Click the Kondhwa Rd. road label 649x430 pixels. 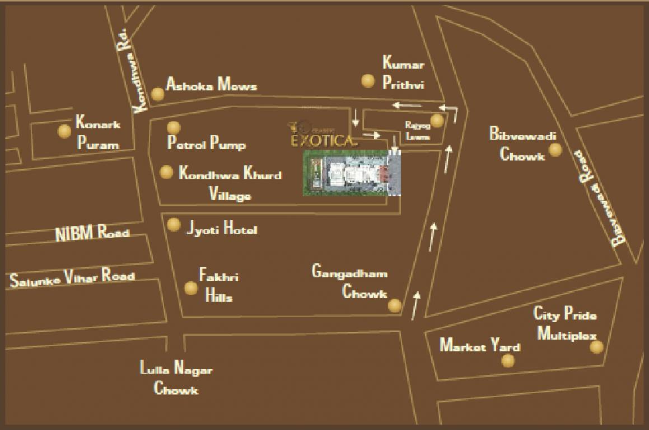[130, 71]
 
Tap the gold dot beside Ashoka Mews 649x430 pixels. [158, 94]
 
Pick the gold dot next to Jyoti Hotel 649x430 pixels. [174, 225]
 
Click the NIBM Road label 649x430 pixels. [92, 233]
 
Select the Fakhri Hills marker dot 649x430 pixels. [191, 288]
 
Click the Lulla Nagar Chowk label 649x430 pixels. [176, 379]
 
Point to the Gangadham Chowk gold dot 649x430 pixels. [395, 305]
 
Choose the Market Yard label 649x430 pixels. [479, 345]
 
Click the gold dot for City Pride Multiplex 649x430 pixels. [597, 347]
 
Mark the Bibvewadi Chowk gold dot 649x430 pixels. [555, 149]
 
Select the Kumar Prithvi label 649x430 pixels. [403, 73]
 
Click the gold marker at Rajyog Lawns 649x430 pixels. [437, 120]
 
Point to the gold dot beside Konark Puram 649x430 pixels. [65, 132]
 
